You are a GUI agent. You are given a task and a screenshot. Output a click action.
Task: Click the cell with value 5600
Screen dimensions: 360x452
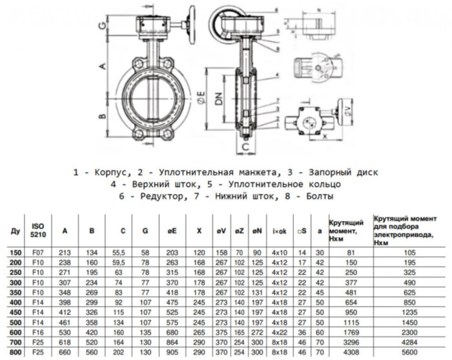click(409, 354)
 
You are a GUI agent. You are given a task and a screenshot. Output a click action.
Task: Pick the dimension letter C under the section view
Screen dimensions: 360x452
click(247, 146)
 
